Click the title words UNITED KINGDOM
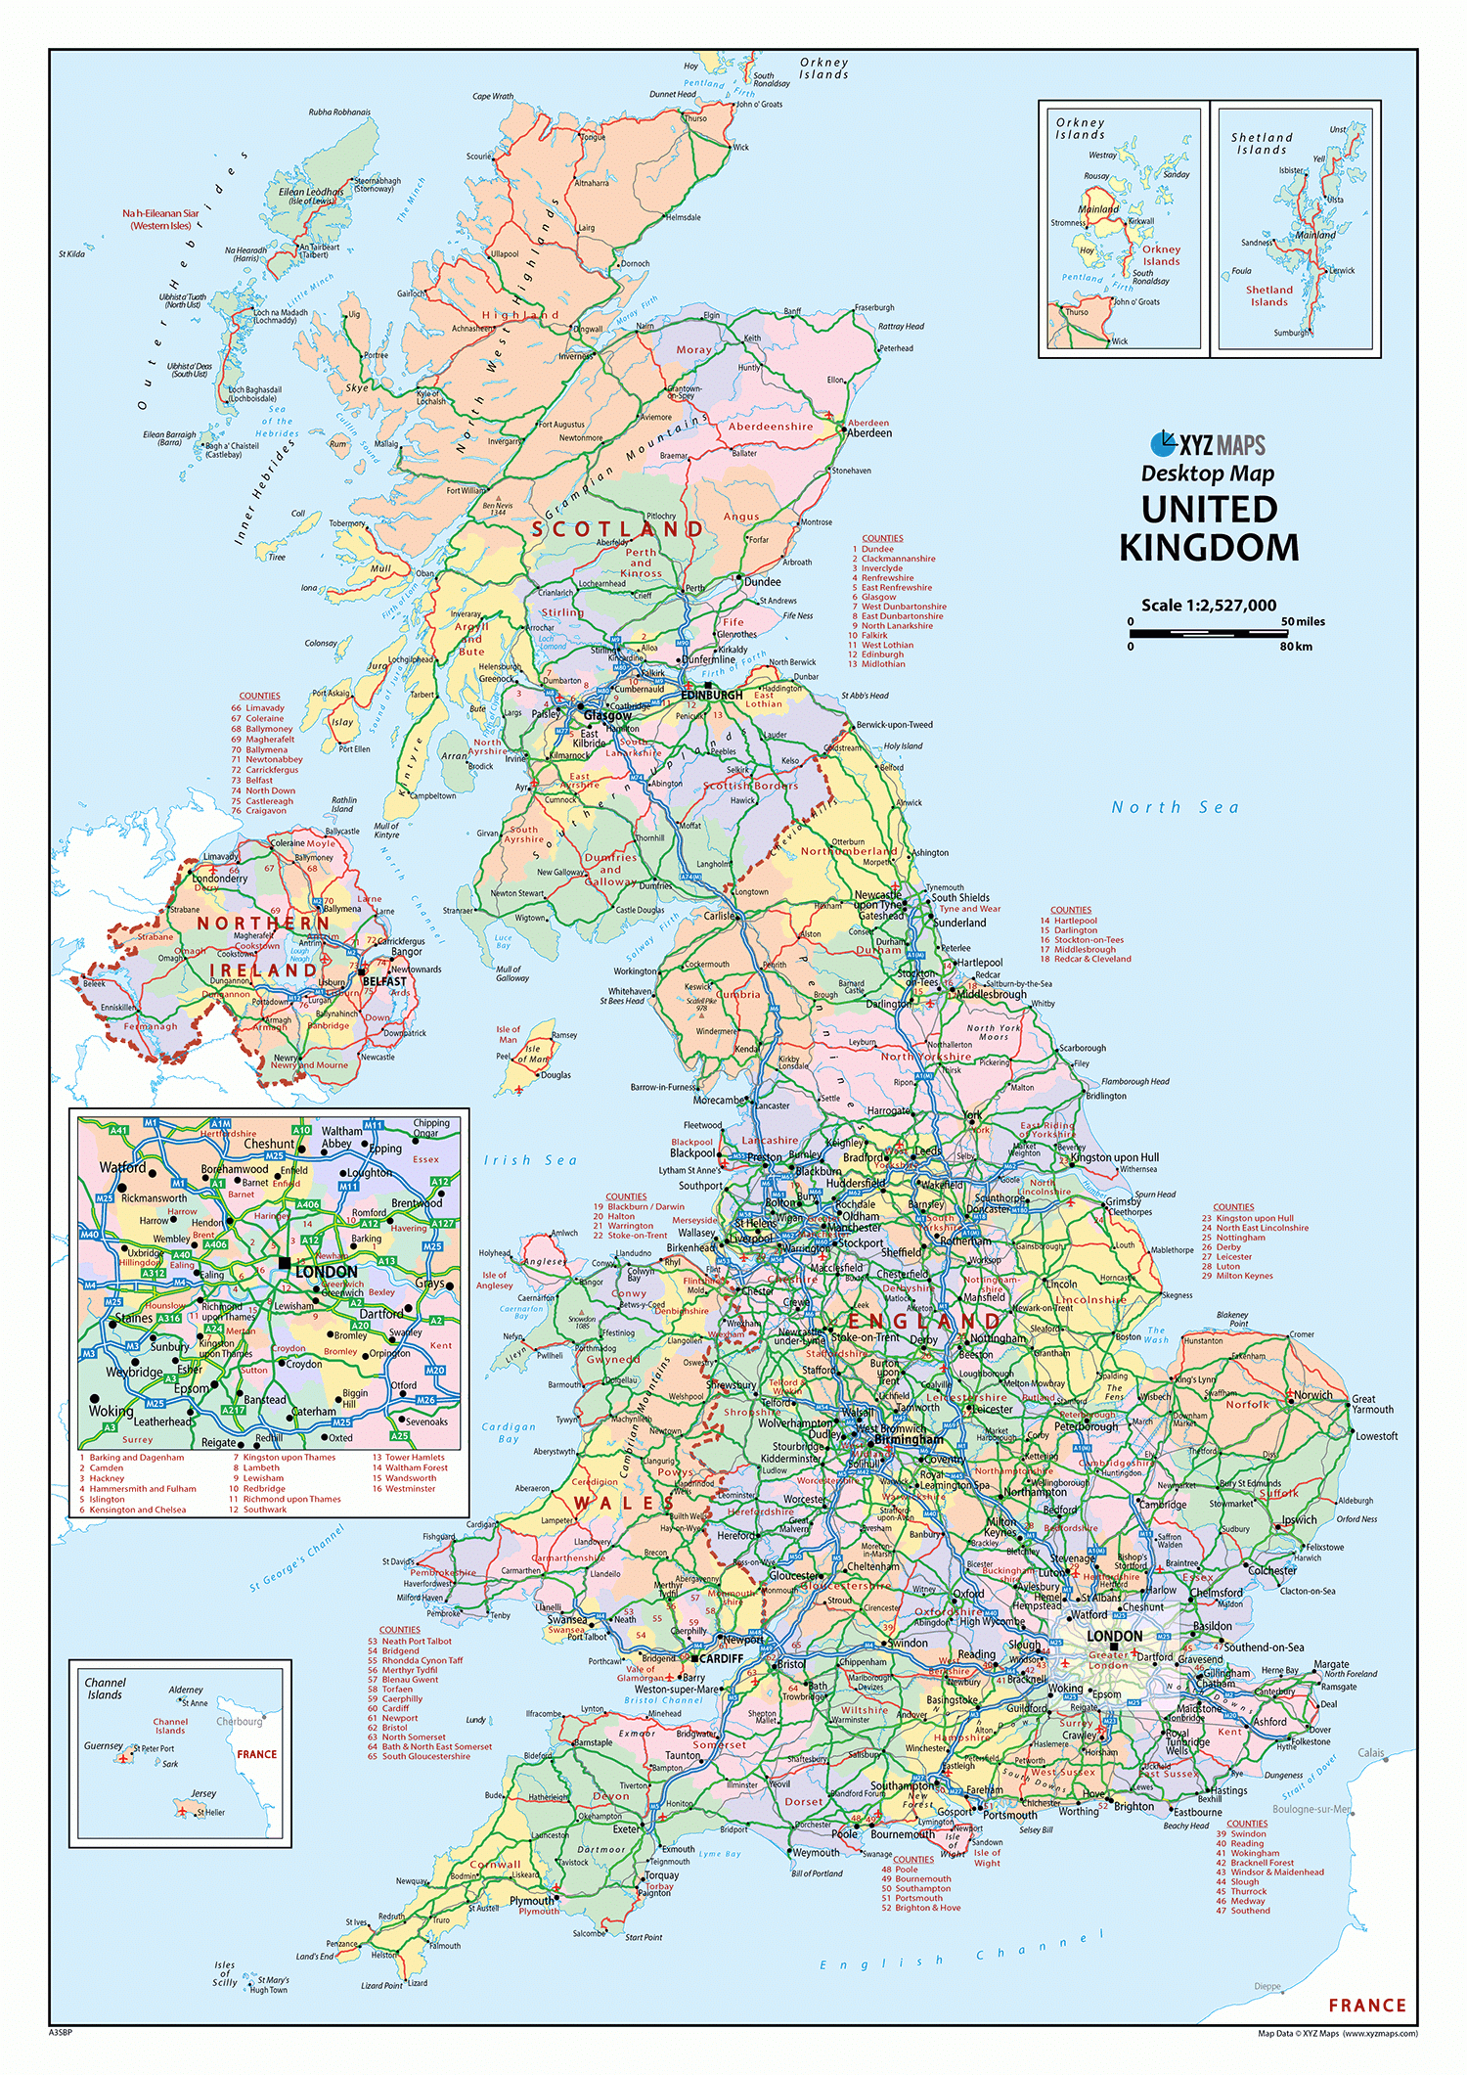click(x=1209, y=528)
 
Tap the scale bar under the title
click(x=1210, y=634)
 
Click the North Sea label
click(x=1175, y=807)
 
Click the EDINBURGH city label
click(x=711, y=696)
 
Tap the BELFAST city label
click(x=384, y=981)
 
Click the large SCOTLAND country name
click(x=617, y=529)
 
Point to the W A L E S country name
click(x=623, y=1503)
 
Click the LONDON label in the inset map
click(x=326, y=1272)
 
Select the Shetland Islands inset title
click(x=1262, y=144)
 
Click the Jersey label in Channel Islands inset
click(x=203, y=1793)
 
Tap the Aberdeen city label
click(x=869, y=433)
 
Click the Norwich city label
click(x=1312, y=1395)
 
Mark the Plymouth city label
click(x=531, y=1900)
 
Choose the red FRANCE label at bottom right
click(x=1366, y=2006)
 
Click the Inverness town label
click(x=575, y=356)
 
